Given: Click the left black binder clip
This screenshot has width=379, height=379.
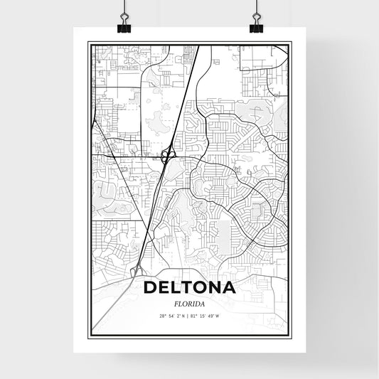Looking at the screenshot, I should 124,27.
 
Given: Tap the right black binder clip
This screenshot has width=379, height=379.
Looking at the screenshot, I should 256,27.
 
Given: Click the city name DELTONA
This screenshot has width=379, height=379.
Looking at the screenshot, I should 189,289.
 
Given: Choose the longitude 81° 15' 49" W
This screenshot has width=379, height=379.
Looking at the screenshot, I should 206,316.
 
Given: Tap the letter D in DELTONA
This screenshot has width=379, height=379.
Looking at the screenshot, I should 151,289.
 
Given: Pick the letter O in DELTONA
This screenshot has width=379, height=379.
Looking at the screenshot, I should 198,289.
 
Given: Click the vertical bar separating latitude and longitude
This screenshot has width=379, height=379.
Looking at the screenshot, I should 190,316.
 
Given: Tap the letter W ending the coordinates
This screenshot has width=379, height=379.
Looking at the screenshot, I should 218,316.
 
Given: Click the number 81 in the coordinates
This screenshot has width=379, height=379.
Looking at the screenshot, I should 196,316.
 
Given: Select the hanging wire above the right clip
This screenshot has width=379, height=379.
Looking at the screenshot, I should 256,9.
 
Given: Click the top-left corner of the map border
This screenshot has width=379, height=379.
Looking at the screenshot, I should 89,44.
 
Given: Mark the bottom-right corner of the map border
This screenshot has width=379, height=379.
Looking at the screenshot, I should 290,335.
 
